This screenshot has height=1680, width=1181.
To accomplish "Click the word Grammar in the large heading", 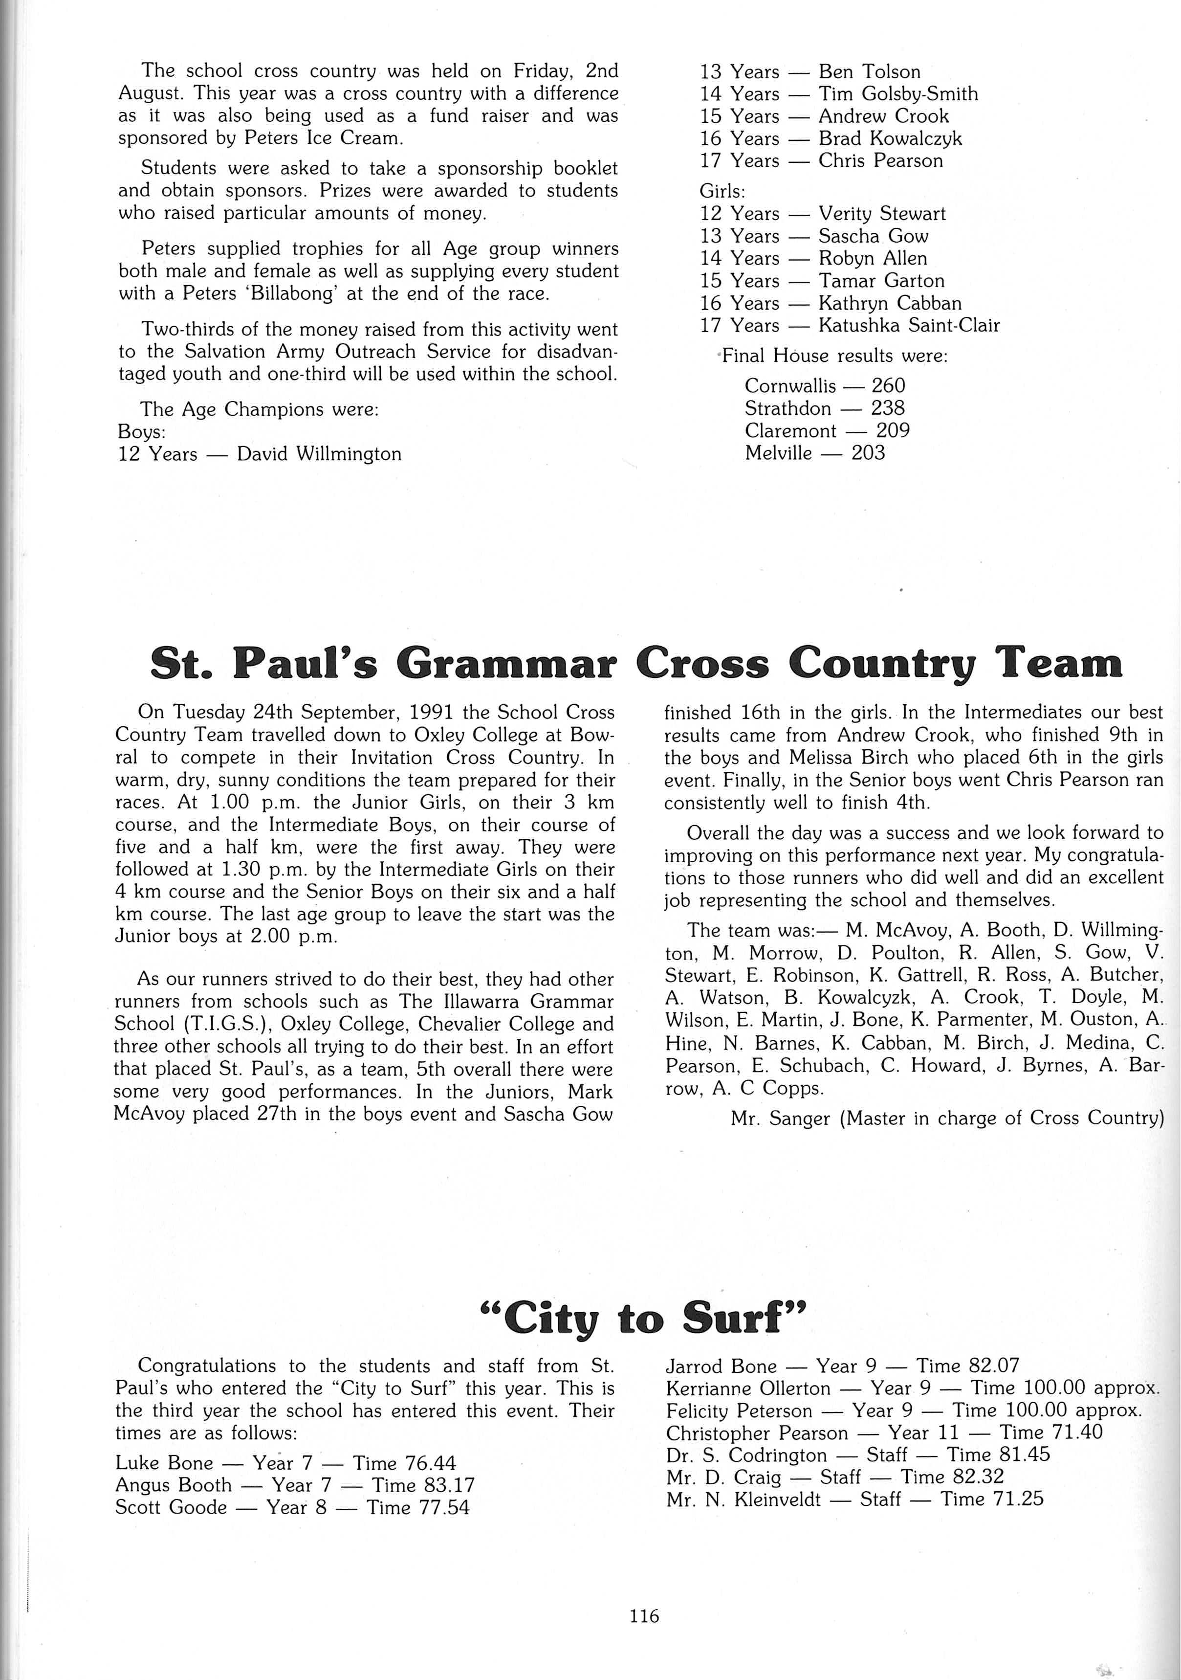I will pyautogui.click(x=504, y=664).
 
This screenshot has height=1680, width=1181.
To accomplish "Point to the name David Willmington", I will pyautogui.click(x=319, y=454).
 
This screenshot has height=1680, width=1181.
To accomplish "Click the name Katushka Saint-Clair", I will pyautogui.click(x=909, y=326).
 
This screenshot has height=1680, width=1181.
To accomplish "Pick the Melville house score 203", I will pyautogui.click(x=868, y=453).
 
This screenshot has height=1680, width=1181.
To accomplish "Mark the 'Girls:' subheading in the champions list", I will pyautogui.click(x=722, y=192).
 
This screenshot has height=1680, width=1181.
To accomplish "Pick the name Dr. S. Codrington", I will pyautogui.click(x=746, y=1455).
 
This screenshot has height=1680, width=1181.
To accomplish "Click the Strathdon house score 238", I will pyautogui.click(x=887, y=408).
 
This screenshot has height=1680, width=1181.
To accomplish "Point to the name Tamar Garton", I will pyautogui.click(x=881, y=281).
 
